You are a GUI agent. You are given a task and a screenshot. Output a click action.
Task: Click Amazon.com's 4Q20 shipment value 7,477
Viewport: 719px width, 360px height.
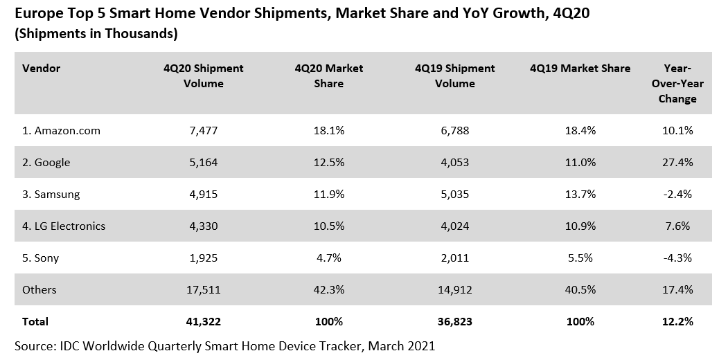204,131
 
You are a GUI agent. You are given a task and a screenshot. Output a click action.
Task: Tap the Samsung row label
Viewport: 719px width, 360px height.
51,195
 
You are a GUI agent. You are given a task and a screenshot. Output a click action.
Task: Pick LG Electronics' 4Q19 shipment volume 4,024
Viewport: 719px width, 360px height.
454,226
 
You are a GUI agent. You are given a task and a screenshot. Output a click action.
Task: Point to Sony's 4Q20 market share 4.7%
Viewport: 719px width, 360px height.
329,258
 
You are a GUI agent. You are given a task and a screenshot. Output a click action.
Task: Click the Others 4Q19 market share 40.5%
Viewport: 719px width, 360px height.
580,290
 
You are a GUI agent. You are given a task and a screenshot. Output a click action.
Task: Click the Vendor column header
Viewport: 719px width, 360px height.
41,69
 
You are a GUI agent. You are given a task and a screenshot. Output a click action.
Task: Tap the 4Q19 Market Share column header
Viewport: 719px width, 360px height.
580,69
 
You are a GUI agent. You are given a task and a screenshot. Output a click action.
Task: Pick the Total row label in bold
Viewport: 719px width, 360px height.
35,322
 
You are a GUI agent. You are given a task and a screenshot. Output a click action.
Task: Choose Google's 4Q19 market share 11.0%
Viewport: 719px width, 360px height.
580,163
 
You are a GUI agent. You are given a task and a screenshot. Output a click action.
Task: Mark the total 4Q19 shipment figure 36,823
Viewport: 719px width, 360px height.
454,322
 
